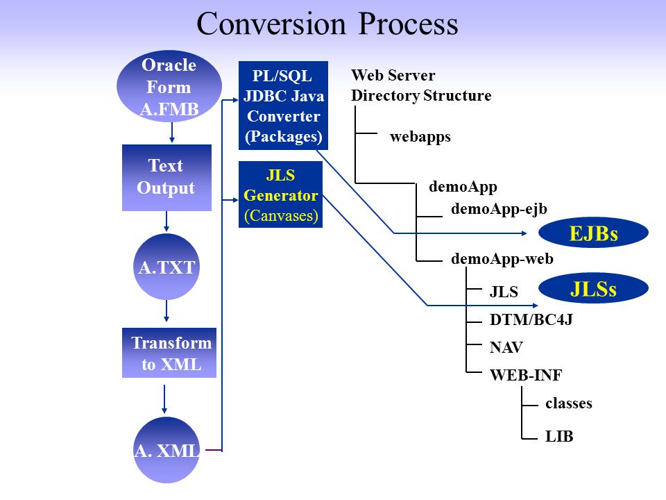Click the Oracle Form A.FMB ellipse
169,86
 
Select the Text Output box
166,178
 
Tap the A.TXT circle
166,267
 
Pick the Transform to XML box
169,353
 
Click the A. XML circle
166,450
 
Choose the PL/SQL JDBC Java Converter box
283,106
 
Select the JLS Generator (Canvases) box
280,194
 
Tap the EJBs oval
593,233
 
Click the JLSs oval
593,288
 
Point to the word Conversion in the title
271,24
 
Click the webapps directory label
420,137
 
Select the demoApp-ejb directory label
499,209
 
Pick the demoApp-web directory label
502,258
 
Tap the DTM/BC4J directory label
531,319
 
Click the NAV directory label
506,347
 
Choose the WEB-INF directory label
526,375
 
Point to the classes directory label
569,403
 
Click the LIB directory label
559,436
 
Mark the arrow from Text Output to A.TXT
166,222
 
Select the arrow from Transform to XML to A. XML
164,399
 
